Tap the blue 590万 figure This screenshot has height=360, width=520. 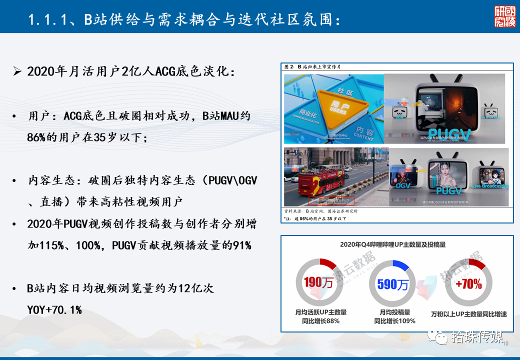pyautogui.click(x=392, y=284)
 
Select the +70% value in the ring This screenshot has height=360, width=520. pyautogui.click(x=468, y=284)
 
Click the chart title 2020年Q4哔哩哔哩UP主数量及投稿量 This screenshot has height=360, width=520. pyautogui.click(x=392, y=244)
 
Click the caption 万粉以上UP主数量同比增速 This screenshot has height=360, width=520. pyautogui.click(x=468, y=314)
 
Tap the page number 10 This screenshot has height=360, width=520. pyautogui.click(x=504, y=343)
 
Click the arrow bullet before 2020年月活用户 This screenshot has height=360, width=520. pyautogui.click(x=17, y=71)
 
